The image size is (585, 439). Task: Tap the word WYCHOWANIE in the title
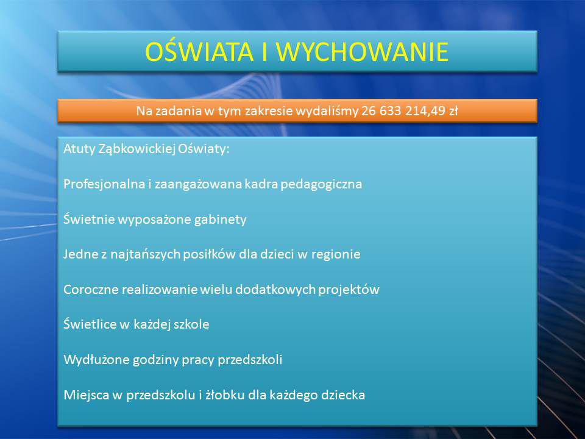click(x=362, y=51)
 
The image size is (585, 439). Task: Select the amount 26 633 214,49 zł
click(x=409, y=111)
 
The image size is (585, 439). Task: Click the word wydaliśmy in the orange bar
click(x=327, y=111)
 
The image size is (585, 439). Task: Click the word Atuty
click(x=79, y=149)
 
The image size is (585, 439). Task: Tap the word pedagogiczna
click(x=321, y=184)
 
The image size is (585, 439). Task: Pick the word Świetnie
click(x=89, y=219)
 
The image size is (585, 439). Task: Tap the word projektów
click(x=349, y=290)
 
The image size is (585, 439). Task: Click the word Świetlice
click(x=90, y=324)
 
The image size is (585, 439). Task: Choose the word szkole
click(x=191, y=324)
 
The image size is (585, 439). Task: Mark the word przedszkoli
click(x=250, y=360)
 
